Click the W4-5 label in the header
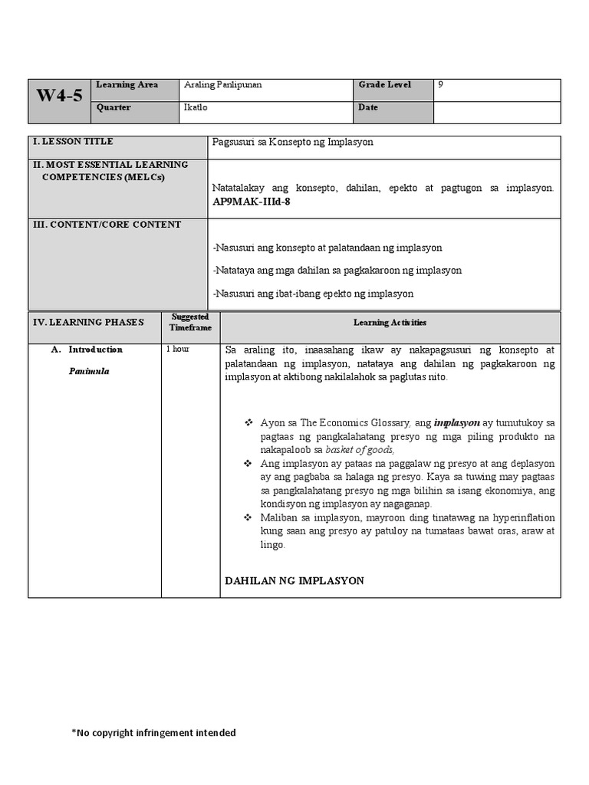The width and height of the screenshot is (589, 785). pos(59,97)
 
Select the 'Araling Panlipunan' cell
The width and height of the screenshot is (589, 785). pos(222,85)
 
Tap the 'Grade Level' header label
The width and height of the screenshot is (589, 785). pos(384,85)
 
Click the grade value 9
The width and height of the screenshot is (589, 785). pos(440,85)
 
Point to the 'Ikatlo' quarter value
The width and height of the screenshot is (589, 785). pos(196,108)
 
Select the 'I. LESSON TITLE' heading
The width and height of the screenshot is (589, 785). pos(73,142)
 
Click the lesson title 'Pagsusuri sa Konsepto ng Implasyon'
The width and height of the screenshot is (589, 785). pos(293,143)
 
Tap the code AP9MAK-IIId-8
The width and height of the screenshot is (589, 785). pos(252,202)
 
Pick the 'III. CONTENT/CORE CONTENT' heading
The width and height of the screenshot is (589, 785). pos(107,225)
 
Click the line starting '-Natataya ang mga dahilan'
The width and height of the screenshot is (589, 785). pos(337,271)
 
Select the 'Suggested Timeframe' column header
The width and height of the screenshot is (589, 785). pos(190,322)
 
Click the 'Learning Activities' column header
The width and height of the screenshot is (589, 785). pos(390,323)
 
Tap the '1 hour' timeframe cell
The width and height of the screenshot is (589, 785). pos(178,350)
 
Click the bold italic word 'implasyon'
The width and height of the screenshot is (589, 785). pos(456,422)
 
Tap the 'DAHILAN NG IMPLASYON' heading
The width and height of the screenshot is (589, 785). pos(294,581)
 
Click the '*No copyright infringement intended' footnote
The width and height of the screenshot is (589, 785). pos(153,733)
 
